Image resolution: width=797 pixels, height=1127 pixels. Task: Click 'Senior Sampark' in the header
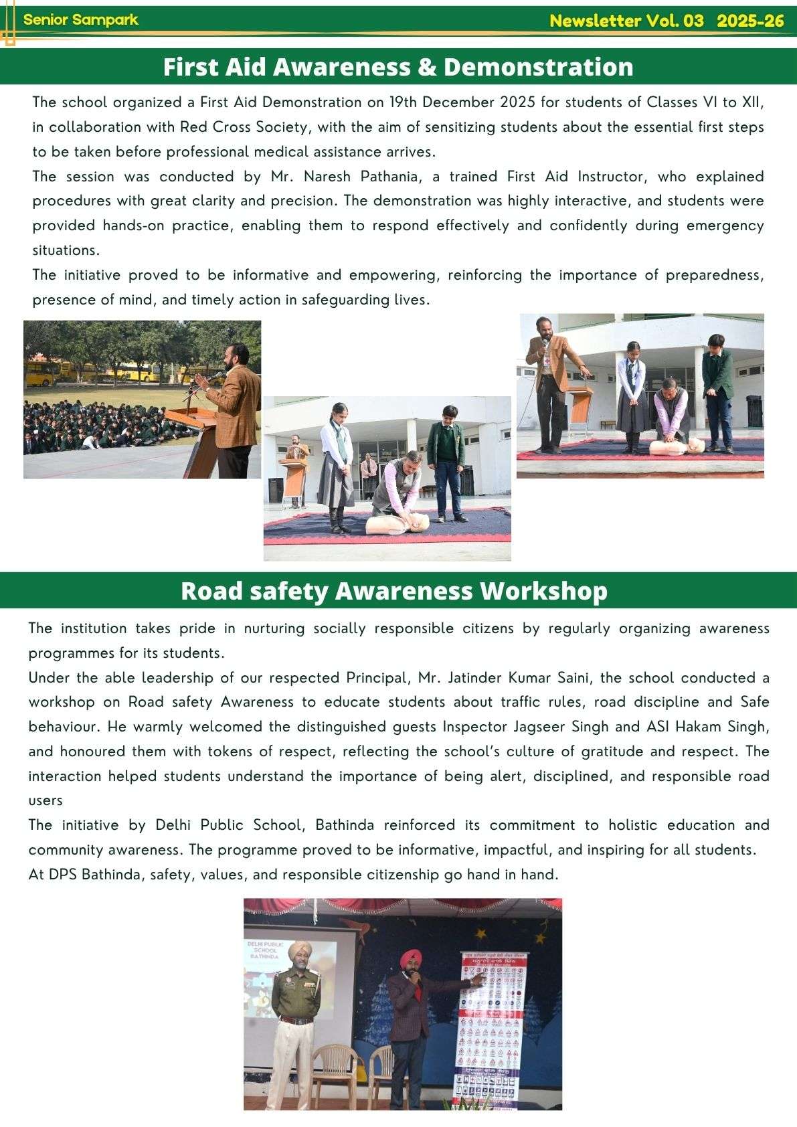point(80,19)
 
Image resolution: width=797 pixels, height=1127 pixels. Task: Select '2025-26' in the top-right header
point(749,21)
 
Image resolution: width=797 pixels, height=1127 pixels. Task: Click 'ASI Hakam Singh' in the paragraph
point(709,727)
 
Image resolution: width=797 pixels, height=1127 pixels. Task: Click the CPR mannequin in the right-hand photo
point(677,446)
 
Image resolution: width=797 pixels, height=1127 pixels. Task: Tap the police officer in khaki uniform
point(295,1017)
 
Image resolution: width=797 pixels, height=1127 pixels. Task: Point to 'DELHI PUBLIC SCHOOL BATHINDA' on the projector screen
point(266,950)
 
